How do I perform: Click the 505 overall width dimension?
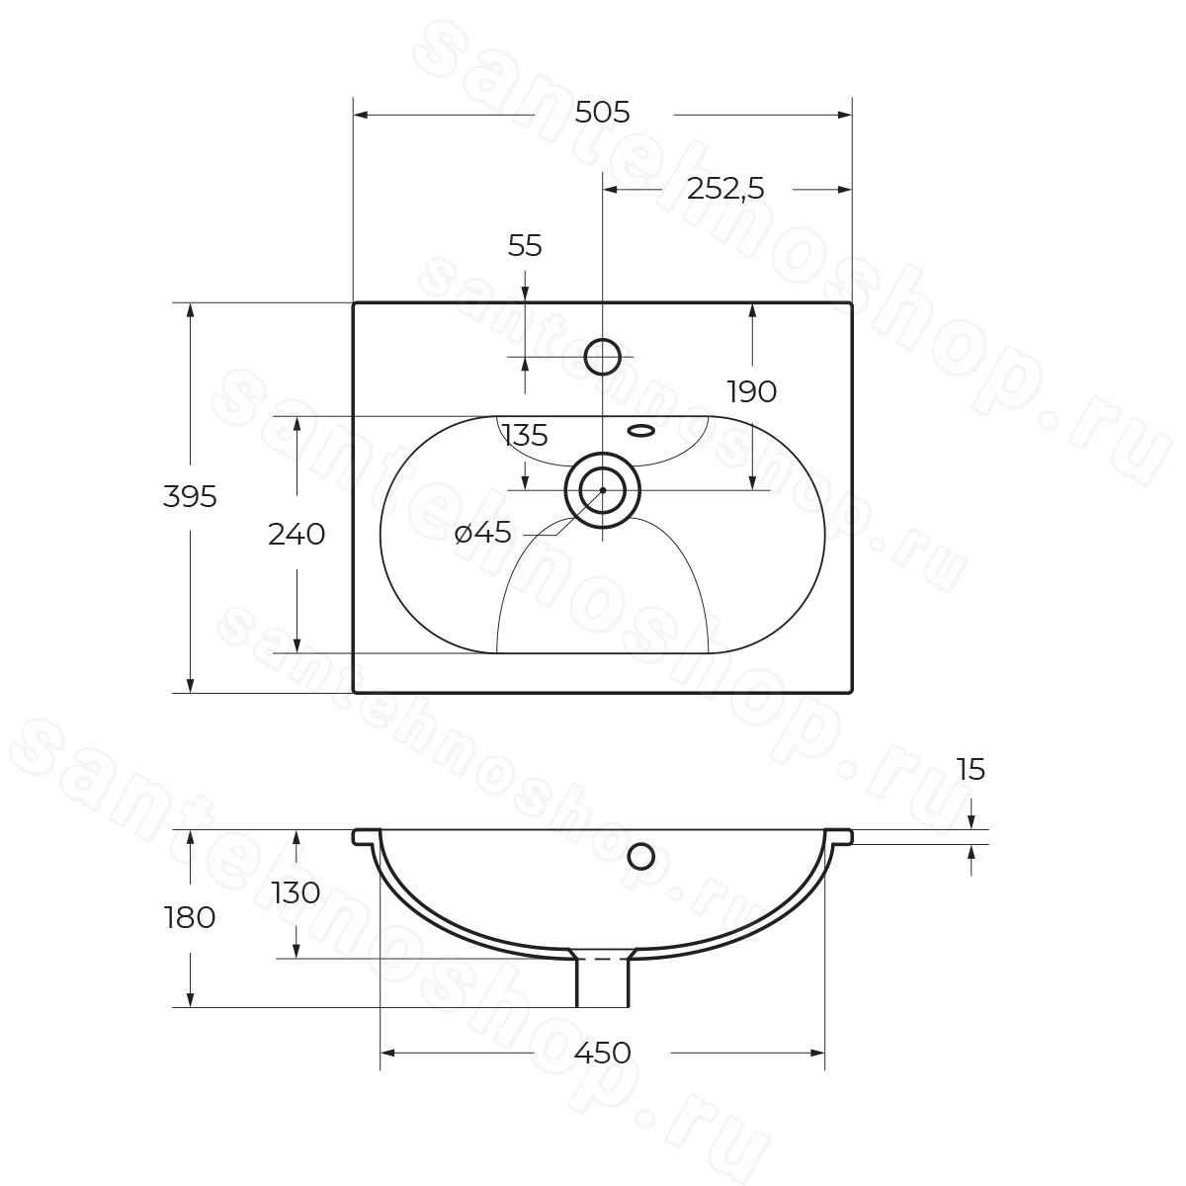(603, 114)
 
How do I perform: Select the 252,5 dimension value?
(725, 189)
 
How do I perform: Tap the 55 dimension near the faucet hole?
(525, 246)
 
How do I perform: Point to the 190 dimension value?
(751, 391)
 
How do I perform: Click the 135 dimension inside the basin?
(525, 436)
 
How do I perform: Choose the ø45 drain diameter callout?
(483, 532)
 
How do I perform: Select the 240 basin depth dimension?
(296, 535)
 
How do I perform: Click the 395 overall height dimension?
(190, 496)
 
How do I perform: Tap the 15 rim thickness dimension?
(972, 769)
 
